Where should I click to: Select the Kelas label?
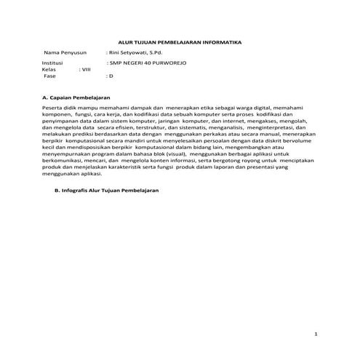coord(50,70)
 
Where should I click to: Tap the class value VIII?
coord(86,70)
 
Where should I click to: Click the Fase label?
coord(51,76)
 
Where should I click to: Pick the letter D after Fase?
coord(111,76)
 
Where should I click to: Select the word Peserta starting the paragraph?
coord(55,108)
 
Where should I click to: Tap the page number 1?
coord(316,334)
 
